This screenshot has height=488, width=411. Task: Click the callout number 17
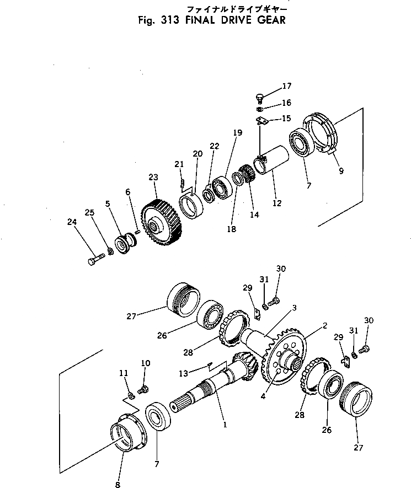287,86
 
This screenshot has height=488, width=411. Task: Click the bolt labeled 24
95,258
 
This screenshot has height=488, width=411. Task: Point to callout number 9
341,171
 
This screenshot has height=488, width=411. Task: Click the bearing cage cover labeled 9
322,135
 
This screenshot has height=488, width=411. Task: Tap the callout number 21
179,164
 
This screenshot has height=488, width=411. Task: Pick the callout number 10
146,363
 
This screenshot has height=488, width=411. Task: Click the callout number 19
237,132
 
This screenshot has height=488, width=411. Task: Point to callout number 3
295,307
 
